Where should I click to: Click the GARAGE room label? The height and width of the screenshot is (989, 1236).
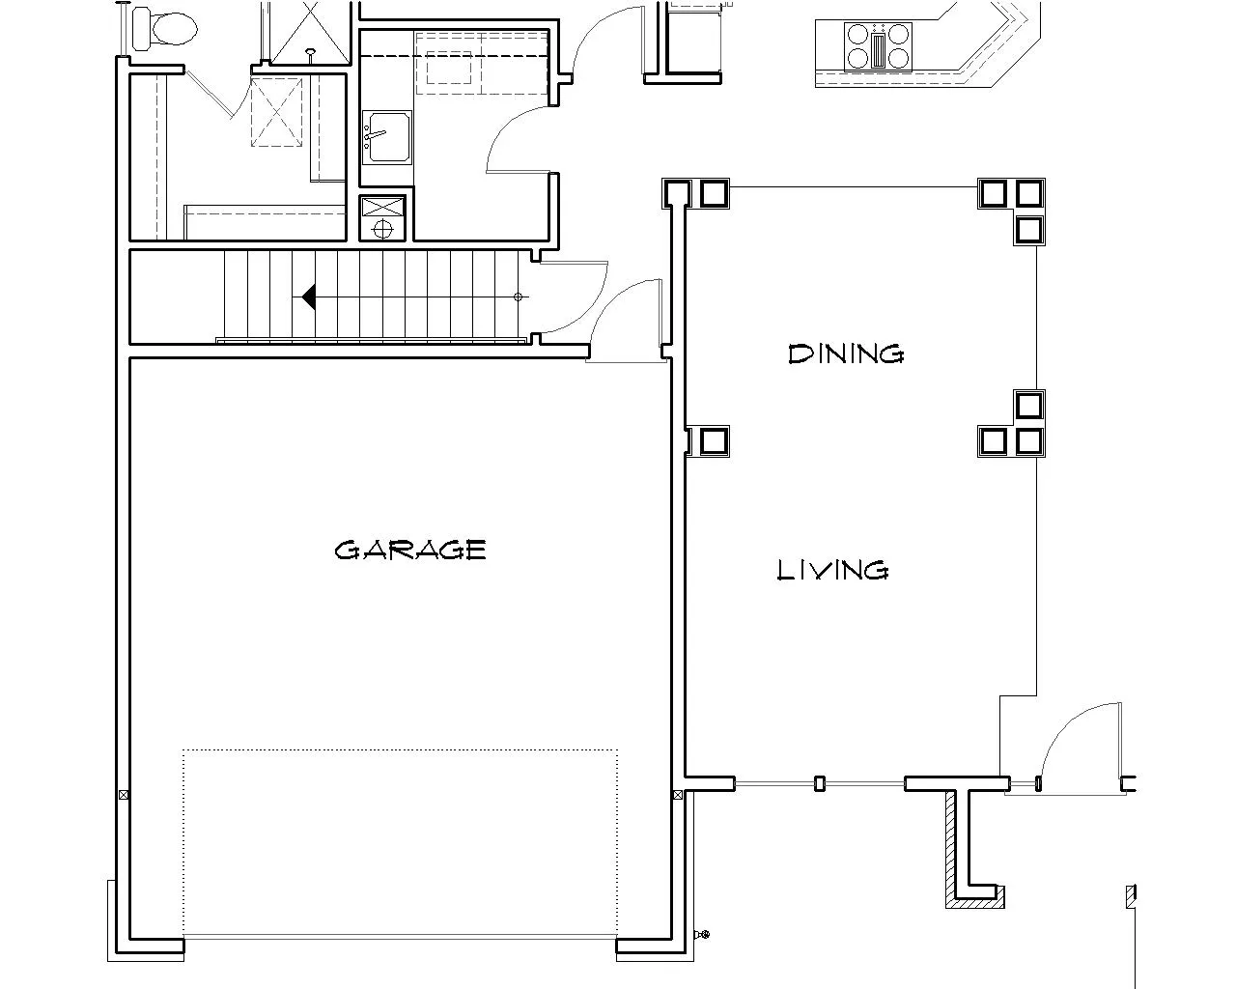(410, 550)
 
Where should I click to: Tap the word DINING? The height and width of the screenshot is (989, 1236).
(846, 354)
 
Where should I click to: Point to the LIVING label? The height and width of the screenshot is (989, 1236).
(832, 570)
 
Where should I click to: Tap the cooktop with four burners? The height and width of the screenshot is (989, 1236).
(878, 47)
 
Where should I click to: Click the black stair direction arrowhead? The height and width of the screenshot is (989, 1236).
(308, 297)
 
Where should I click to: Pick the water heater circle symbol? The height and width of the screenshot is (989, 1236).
(382, 230)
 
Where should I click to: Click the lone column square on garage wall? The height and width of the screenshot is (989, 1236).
(714, 441)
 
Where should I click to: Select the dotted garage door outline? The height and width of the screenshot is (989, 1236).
(401, 842)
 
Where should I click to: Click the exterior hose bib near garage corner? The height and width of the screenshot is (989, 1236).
(702, 934)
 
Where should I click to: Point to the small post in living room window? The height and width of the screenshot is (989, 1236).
(820, 783)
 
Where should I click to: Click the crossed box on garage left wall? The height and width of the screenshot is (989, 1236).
(124, 795)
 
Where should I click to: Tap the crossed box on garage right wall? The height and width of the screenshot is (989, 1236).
(678, 795)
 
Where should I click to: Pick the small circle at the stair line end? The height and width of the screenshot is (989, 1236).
(519, 297)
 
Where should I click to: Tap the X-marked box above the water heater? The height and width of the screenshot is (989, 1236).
(382, 207)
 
